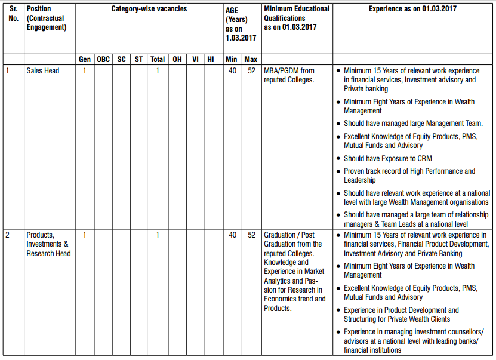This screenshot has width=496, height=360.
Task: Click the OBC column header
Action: [x=103, y=60]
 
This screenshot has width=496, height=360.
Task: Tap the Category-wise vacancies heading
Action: [x=149, y=10]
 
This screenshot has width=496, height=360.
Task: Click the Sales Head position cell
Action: [x=43, y=71]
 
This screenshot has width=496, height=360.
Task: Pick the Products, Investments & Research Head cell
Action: [x=48, y=244]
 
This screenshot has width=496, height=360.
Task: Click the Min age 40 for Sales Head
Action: [x=232, y=71]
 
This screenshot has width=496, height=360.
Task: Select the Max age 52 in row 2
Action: [x=251, y=235]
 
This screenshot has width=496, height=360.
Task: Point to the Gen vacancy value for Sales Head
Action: [x=85, y=71]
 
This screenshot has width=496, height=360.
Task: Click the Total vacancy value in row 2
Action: [x=158, y=235]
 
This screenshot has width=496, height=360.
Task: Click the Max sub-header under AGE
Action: [x=251, y=60]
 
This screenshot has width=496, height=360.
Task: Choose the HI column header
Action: [x=210, y=60]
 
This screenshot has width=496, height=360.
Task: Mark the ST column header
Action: [x=139, y=60]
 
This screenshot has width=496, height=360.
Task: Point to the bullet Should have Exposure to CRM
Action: [x=387, y=159]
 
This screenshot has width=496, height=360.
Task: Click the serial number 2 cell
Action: [x=8, y=235]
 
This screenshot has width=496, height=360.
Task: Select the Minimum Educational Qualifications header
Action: [x=297, y=18]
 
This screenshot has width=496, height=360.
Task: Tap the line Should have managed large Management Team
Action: [x=413, y=124]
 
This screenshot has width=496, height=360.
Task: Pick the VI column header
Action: [x=195, y=60]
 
